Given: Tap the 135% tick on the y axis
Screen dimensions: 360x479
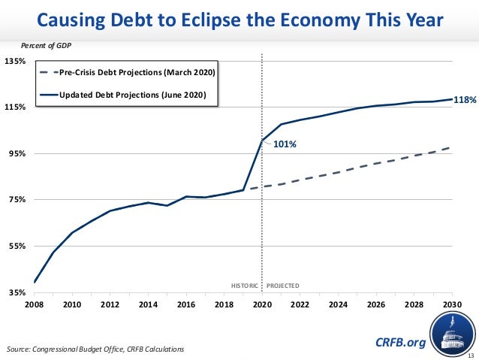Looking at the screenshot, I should [16, 61].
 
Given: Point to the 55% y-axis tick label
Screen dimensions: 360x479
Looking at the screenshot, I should [16, 246].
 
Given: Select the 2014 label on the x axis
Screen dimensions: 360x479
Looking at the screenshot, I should [148, 304].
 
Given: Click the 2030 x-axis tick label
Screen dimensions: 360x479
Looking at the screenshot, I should [452, 304].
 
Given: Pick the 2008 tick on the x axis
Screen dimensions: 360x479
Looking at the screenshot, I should [35, 304].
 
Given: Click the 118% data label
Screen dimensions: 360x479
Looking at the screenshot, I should [465, 98].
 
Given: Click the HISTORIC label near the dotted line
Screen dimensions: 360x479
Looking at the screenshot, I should [244, 286].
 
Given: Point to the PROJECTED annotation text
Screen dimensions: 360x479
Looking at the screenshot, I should [282, 286].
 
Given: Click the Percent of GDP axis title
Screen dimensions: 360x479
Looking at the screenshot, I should [52, 46].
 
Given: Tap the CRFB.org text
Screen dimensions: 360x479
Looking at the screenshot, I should [399, 343].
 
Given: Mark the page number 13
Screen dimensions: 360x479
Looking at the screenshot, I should [471, 355].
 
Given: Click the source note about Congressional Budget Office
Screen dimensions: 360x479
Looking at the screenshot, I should [94, 349].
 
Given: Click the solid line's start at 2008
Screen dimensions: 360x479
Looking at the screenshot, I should [35, 282].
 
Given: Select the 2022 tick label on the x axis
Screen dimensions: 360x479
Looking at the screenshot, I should [300, 304].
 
